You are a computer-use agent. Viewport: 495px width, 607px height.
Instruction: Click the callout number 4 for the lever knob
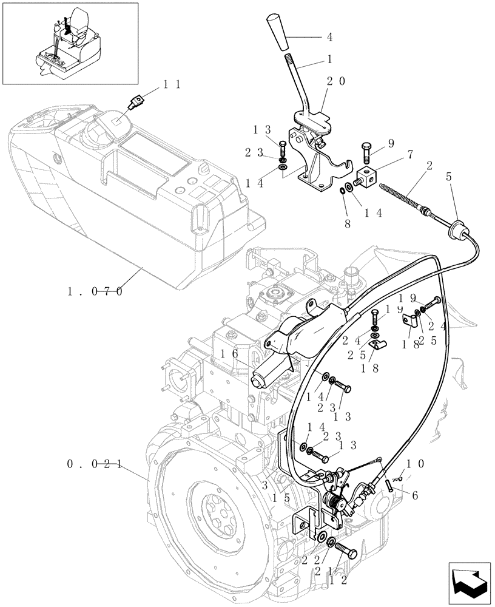click(x=329, y=36)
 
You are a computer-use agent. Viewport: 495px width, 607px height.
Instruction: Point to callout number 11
click(x=171, y=86)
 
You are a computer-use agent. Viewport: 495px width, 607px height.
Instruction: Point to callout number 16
click(x=229, y=354)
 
